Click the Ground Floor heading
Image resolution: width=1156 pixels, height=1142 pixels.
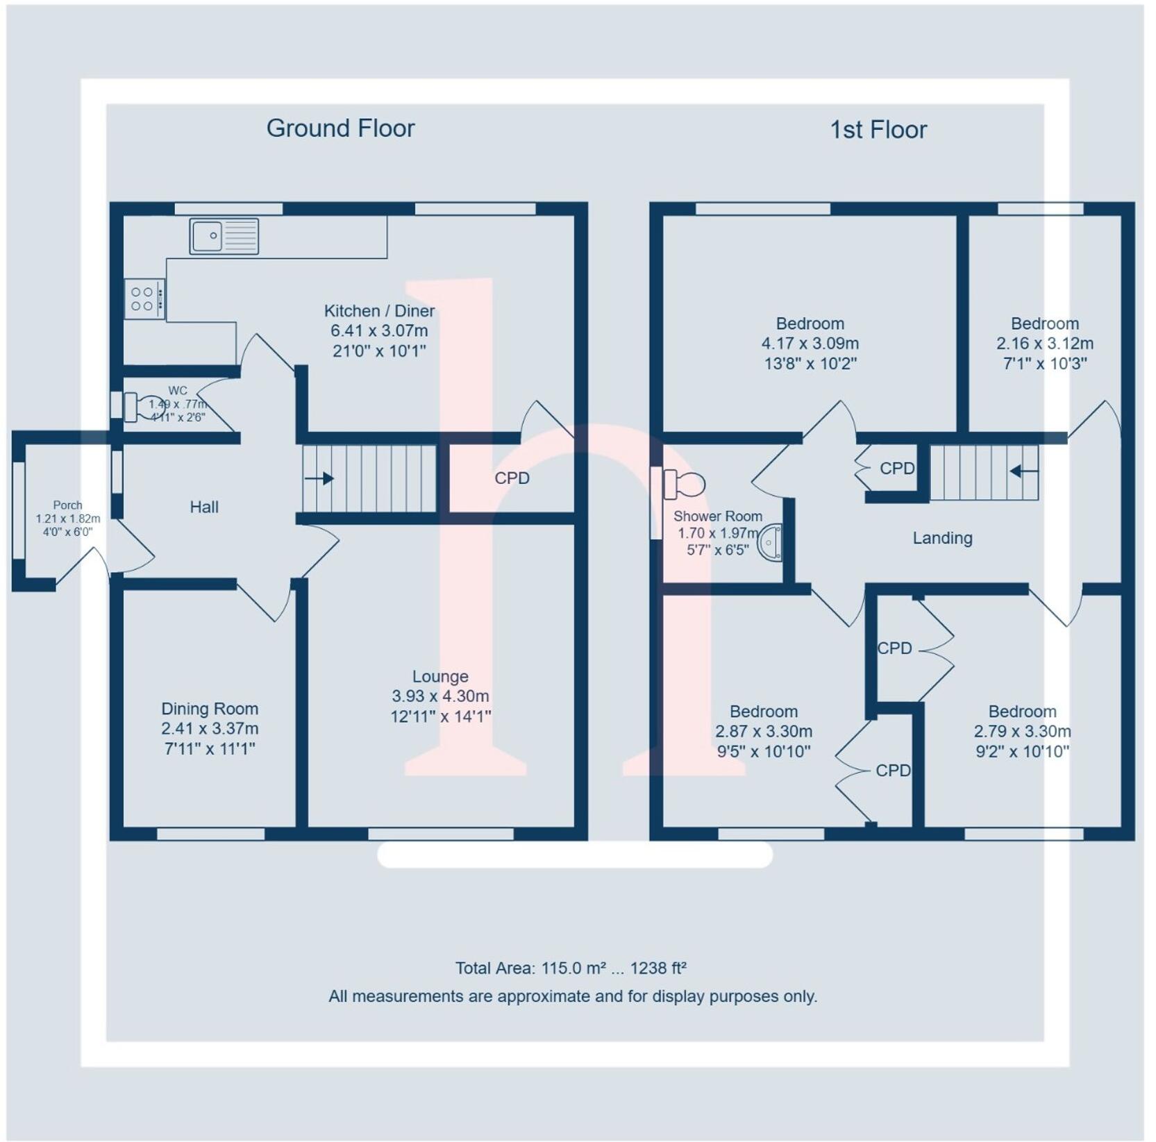tap(340, 128)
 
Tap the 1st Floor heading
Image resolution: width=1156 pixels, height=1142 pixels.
tap(878, 130)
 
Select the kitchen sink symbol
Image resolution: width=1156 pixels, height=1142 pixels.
tap(224, 236)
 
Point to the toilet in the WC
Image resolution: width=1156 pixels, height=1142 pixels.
tap(145, 406)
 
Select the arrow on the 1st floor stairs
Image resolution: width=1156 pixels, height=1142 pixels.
tap(1023, 471)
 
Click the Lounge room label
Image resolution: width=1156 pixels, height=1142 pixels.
tap(440, 676)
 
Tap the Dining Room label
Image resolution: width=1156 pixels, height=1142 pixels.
tap(210, 709)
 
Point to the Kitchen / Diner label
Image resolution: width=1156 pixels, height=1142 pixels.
tap(379, 311)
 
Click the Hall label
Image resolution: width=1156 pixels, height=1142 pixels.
tap(204, 507)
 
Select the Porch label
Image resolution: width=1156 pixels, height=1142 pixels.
tap(67, 505)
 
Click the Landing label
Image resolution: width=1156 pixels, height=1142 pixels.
tap(942, 538)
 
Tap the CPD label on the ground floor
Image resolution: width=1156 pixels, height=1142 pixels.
tap(512, 478)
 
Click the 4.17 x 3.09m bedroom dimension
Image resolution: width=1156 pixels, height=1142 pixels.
tap(810, 344)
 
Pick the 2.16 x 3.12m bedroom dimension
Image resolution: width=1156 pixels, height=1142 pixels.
tap(1044, 344)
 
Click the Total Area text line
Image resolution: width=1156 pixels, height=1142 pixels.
tap(571, 968)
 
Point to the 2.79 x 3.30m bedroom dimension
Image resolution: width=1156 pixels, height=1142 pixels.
tap(1022, 732)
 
